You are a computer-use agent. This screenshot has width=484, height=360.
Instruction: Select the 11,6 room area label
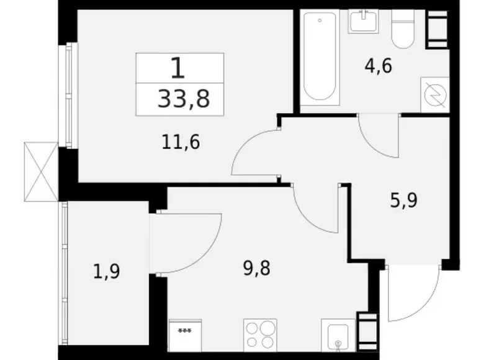181,143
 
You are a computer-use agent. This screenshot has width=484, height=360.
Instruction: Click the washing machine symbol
434,94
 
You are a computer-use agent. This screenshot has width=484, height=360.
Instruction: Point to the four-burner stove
260,335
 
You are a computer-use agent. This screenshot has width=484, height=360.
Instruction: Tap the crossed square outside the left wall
41,171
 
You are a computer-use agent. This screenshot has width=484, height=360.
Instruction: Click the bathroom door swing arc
377,138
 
